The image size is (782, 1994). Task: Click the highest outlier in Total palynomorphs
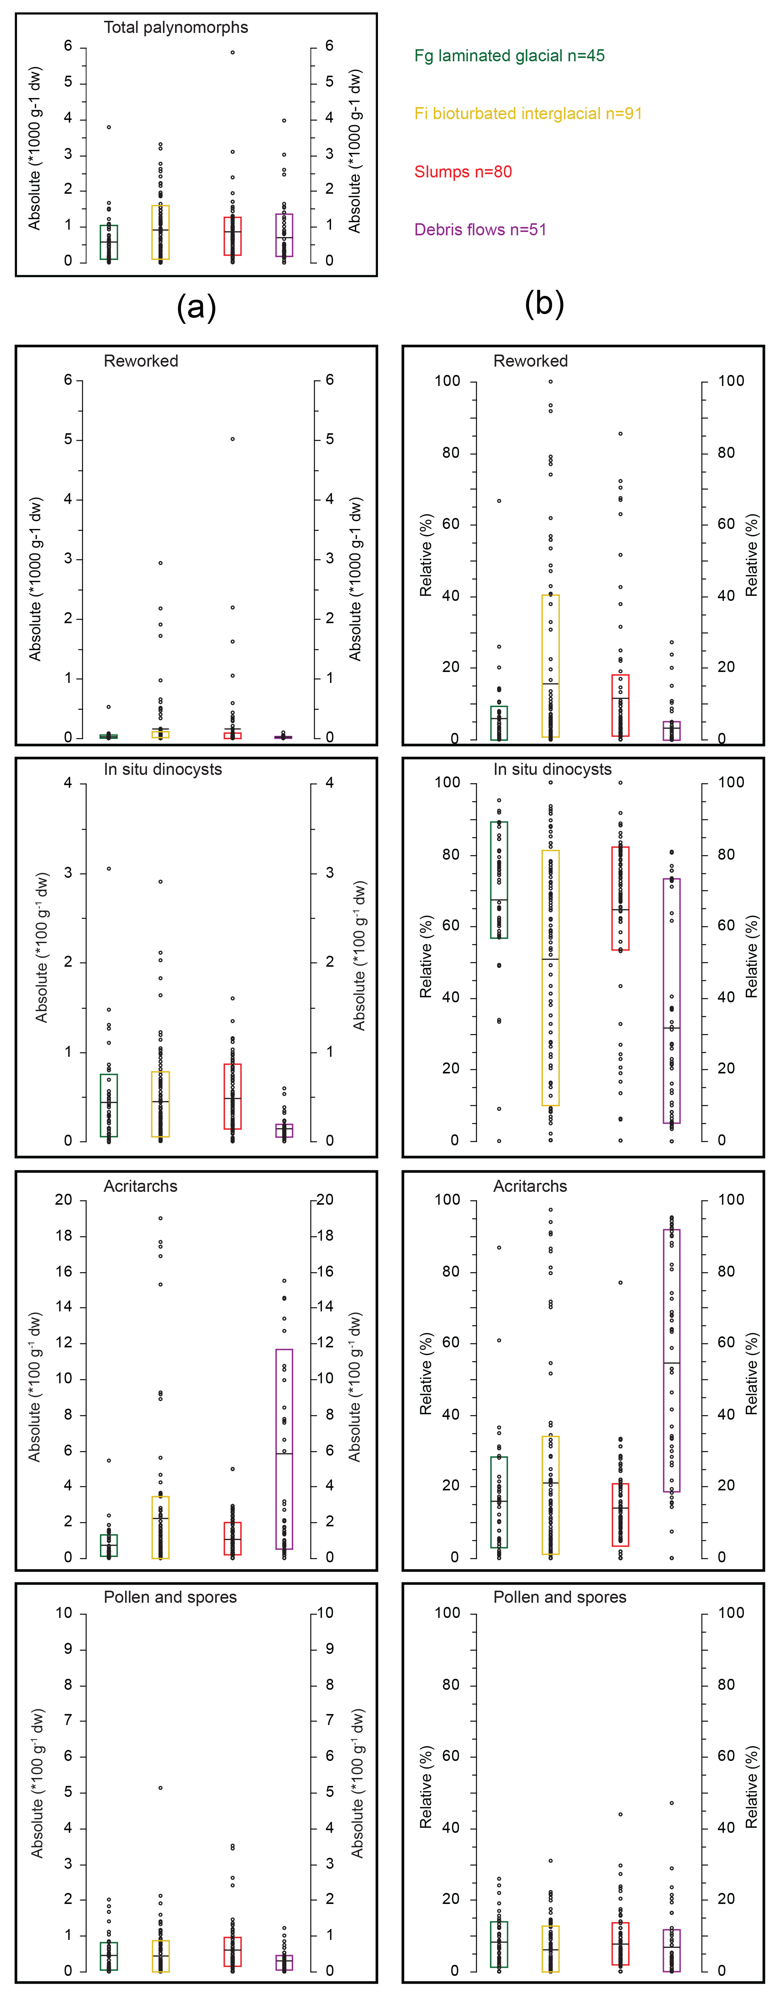point(232,53)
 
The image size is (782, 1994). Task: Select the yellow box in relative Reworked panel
point(550,666)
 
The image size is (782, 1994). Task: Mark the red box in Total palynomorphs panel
point(232,236)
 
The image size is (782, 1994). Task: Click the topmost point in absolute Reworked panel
point(232,439)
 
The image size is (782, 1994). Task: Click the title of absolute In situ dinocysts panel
point(163,770)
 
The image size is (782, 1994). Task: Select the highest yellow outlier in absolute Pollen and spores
point(160,1788)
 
